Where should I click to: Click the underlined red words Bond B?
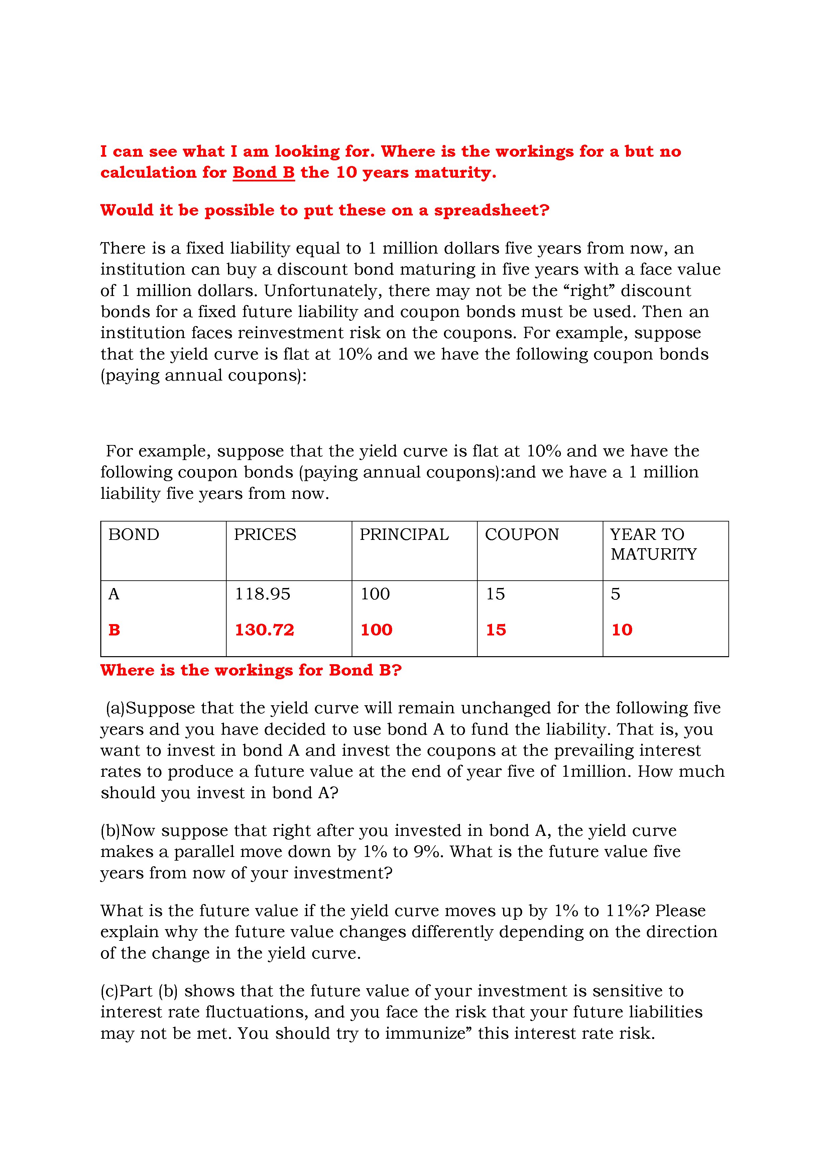click(x=263, y=172)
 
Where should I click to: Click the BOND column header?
click(x=134, y=535)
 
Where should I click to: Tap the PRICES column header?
click(x=265, y=535)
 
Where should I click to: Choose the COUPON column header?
click(x=521, y=535)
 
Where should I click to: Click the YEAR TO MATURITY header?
click(x=653, y=544)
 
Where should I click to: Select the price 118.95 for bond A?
click(x=262, y=594)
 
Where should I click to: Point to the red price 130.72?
click(x=264, y=629)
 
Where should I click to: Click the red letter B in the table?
click(x=114, y=630)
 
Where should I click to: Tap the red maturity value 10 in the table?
click(x=622, y=630)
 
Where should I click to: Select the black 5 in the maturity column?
click(x=615, y=594)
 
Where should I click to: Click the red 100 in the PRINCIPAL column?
click(x=376, y=630)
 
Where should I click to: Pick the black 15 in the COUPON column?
click(x=495, y=594)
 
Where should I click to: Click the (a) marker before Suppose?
click(x=115, y=708)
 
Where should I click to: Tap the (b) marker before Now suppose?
click(x=110, y=831)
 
